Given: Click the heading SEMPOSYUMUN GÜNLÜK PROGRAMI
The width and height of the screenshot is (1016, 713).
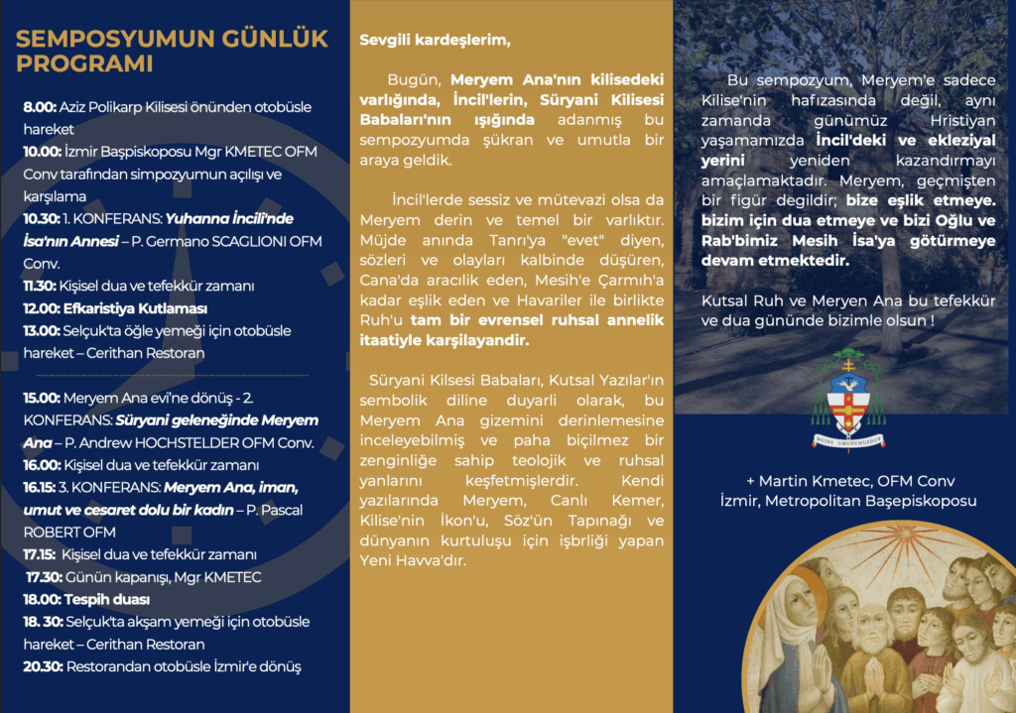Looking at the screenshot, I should [171, 52].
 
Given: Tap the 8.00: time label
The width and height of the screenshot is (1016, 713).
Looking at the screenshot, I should [40, 106].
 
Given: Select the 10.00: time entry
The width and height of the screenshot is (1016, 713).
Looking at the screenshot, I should [43, 152].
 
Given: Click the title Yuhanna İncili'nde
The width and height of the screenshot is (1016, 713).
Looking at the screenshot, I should [228, 219].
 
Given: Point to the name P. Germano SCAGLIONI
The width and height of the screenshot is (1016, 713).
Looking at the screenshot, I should [239, 242].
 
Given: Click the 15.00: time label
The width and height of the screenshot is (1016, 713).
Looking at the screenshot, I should [43, 398].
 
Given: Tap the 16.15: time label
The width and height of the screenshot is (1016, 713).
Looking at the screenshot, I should [42, 488].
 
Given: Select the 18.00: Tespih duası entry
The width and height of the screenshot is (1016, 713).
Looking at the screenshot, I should [86, 599].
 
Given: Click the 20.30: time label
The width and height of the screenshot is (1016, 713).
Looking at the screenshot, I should [43, 666].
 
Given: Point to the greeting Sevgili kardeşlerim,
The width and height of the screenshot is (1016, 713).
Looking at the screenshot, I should [435, 41].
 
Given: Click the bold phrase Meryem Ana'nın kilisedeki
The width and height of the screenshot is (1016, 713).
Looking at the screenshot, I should [557, 78].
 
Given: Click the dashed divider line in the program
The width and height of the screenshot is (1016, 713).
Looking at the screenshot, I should [171, 376].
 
